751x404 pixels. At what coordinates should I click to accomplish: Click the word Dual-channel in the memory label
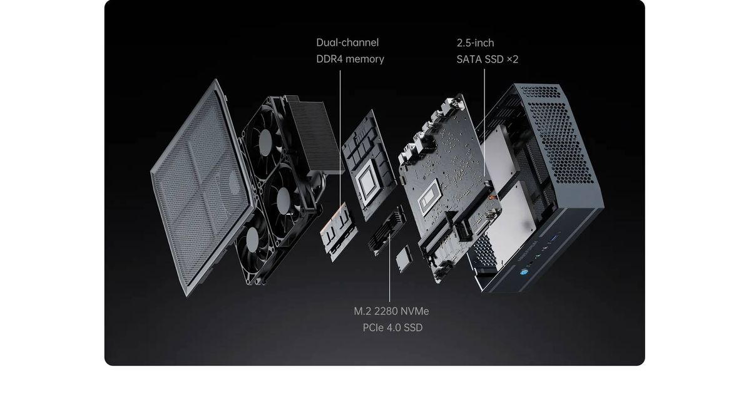pyautogui.click(x=347, y=43)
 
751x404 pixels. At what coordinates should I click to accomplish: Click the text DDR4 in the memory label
pyautogui.click(x=330, y=59)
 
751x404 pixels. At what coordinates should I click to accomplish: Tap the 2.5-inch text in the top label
pyautogui.click(x=475, y=43)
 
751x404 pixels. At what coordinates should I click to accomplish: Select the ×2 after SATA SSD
pyautogui.click(x=511, y=59)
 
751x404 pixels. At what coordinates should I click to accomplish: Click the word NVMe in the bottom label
pyautogui.click(x=415, y=311)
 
